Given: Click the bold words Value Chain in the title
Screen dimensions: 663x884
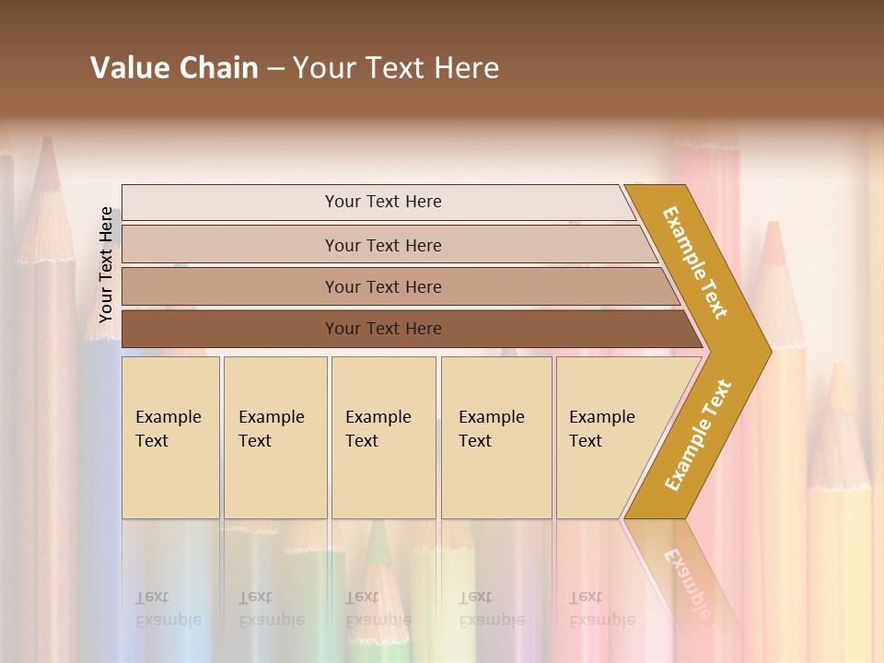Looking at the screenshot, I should point(174,68).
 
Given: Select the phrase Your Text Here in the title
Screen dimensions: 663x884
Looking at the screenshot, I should point(396,68).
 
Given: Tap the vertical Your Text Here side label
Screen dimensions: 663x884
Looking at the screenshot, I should point(106,264).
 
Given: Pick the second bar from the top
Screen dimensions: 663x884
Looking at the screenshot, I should point(382,245).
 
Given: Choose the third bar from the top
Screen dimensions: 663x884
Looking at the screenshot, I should point(382,286).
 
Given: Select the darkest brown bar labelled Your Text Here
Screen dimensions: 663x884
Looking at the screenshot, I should point(382,329).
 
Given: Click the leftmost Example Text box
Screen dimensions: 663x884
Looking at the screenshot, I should point(170,437).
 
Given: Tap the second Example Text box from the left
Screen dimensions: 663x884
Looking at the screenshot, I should point(274,437).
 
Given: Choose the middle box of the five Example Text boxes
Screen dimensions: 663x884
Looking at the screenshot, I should point(383,437).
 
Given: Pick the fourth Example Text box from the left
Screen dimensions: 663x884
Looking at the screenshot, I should point(496,437).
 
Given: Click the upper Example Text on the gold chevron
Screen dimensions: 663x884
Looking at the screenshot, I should point(695,262).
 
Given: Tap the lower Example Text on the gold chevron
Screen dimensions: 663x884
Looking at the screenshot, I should point(698,435).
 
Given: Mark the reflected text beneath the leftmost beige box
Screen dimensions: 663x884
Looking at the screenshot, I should point(168,609).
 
